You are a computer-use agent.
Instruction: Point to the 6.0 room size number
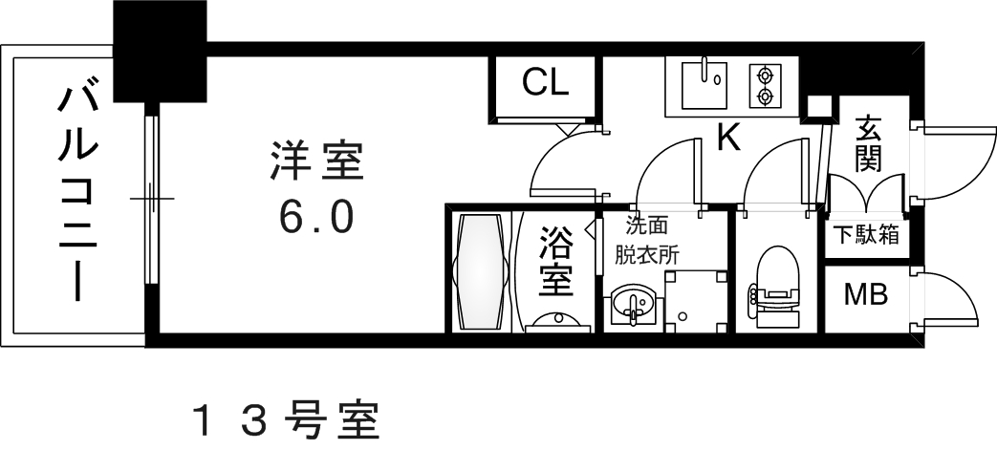(316, 218)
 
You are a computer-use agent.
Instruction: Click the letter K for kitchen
(728, 139)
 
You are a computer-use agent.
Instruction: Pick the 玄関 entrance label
(868, 143)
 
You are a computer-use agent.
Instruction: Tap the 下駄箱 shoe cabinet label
(865, 235)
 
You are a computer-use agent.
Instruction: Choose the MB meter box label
(864, 294)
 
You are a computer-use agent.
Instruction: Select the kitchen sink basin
(704, 84)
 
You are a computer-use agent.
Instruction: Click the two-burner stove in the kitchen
(764, 85)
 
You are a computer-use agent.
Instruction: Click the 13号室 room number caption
(286, 419)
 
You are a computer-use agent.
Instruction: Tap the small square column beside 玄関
(817, 107)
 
